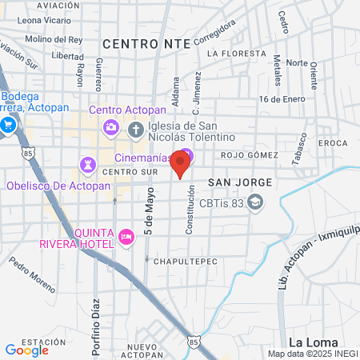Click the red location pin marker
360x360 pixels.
181,163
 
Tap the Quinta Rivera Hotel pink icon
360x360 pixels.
126,236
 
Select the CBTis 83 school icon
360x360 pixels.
255,204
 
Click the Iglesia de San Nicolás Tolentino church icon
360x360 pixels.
137,128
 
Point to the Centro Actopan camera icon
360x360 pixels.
110,126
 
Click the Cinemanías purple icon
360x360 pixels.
186,154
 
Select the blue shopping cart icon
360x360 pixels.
8,125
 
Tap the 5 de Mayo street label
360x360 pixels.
149,217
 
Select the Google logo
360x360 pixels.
26,350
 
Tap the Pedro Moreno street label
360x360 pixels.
33,277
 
